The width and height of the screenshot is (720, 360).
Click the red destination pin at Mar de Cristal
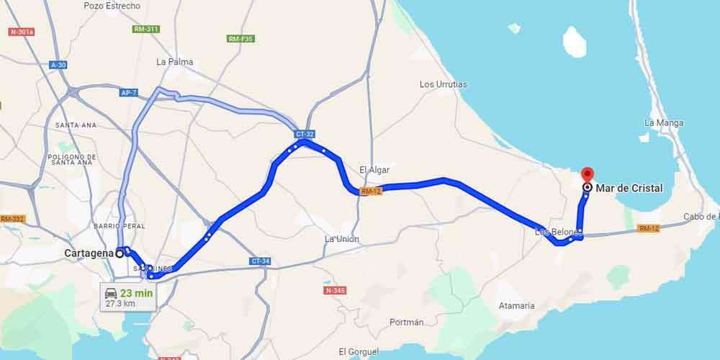(x=587, y=174)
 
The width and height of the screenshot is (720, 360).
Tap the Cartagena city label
(x=89, y=253)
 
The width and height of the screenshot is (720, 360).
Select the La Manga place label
(x=664, y=123)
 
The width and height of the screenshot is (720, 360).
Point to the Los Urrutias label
(x=443, y=84)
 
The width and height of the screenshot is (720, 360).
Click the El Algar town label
(x=374, y=170)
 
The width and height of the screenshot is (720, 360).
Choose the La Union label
(x=341, y=239)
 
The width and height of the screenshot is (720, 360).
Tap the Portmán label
(x=406, y=323)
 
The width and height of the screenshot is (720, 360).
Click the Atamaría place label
(x=516, y=306)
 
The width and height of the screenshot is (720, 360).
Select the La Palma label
(x=174, y=62)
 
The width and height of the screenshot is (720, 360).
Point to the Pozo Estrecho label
(x=112, y=6)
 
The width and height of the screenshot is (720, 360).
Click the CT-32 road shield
(x=305, y=134)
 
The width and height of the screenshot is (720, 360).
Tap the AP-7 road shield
(x=129, y=92)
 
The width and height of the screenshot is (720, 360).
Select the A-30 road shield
(x=58, y=65)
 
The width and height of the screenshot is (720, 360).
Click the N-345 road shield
(x=336, y=290)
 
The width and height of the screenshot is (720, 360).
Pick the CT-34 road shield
(x=261, y=261)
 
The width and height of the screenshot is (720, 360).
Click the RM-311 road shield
(x=146, y=29)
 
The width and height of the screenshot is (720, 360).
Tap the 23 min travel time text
(x=135, y=293)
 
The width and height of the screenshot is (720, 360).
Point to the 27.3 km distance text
(x=120, y=304)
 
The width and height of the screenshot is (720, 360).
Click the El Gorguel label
(x=358, y=351)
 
